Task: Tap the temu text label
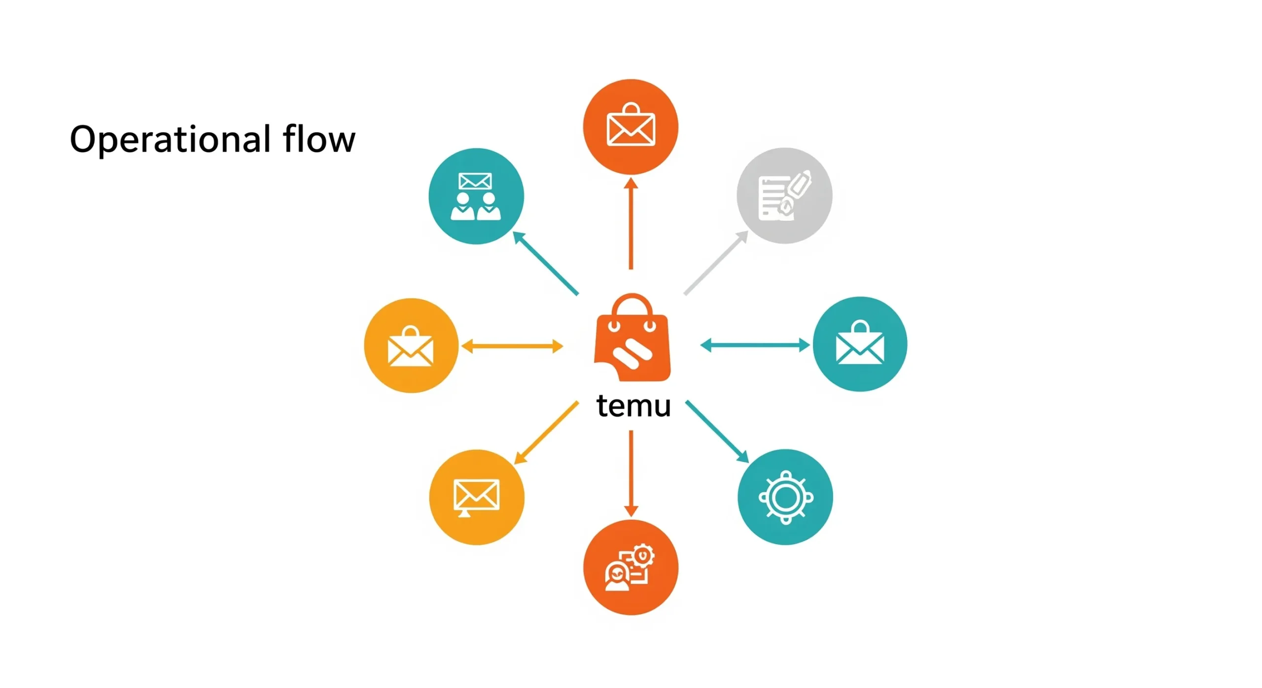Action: click(x=633, y=406)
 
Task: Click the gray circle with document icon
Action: click(x=784, y=196)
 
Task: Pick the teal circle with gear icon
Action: click(x=785, y=497)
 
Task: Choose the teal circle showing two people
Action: click(x=476, y=196)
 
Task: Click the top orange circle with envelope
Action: click(x=631, y=127)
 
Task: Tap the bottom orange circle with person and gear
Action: click(x=631, y=567)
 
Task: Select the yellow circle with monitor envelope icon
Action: click(x=476, y=497)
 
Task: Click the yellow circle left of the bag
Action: click(x=411, y=345)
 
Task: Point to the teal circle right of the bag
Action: click(x=859, y=344)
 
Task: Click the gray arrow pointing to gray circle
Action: click(x=716, y=263)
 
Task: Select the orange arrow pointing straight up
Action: click(x=631, y=224)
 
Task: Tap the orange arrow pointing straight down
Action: click(x=631, y=473)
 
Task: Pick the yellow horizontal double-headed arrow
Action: click(x=512, y=346)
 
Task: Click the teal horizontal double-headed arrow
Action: click(x=754, y=345)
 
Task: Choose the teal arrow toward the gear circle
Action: click(x=717, y=432)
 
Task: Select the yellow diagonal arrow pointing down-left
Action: click(x=546, y=433)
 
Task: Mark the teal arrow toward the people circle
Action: click(x=545, y=263)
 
